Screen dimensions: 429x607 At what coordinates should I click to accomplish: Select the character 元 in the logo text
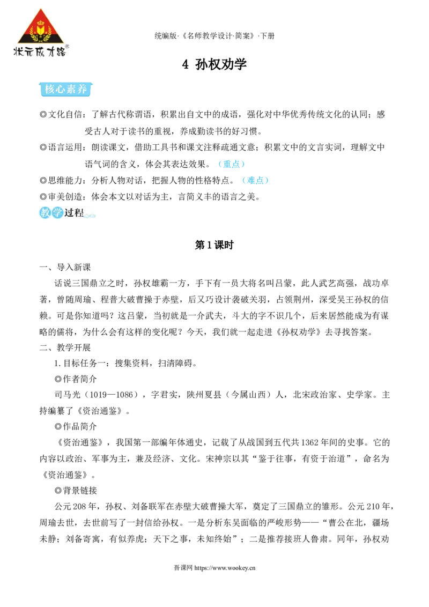pyautogui.click(x=31, y=51)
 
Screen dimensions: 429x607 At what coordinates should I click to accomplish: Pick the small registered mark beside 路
pyautogui.click(x=68, y=47)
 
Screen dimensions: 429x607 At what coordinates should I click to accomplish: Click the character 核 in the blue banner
pyautogui.click(x=50, y=90)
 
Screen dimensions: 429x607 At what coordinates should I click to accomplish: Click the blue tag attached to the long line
pyautogui.click(x=231, y=164)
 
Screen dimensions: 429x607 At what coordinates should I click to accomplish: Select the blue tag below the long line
pyautogui.click(x=255, y=180)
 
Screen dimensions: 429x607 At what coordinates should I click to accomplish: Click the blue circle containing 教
pyautogui.click(x=45, y=213)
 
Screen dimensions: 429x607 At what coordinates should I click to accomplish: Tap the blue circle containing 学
pyautogui.click(x=57, y=213)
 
